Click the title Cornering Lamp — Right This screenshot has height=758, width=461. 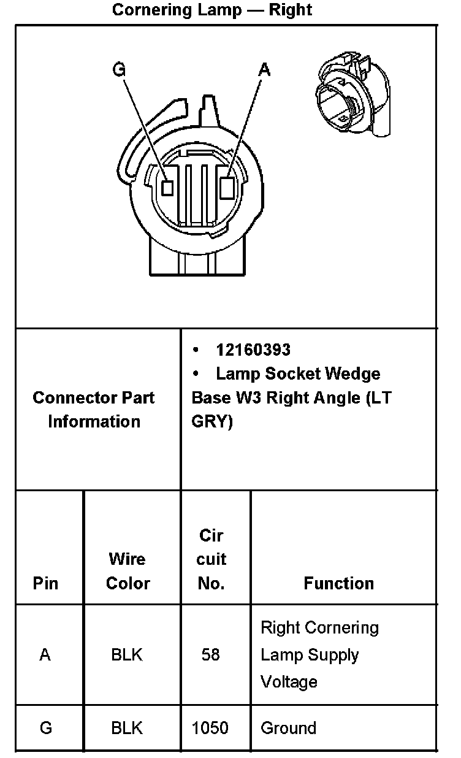coord(212,10)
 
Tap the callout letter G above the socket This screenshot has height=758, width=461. coord(119,70)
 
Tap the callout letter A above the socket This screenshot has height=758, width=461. coord(264,70)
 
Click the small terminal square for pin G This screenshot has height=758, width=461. coord(167,187)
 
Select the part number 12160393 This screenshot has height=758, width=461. coord(253,350)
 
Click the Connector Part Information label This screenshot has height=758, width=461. coord(94,410)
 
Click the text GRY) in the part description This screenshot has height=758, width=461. coord(212,423)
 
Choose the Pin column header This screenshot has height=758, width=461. coord(46,583)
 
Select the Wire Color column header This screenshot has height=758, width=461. coord(128,571)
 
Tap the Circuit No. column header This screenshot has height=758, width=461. coord(211,559)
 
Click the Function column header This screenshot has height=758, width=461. coord(338,583)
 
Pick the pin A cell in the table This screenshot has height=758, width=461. coord(45,655)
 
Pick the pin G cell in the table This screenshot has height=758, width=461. coord(46,728)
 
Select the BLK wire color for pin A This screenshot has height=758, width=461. coord(127,655)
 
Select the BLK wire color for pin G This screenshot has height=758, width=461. coord(127,728)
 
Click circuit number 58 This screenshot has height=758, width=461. coord(210,655)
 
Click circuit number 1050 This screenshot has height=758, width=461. coord(210,728)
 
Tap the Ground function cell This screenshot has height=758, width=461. coord(289,728)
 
